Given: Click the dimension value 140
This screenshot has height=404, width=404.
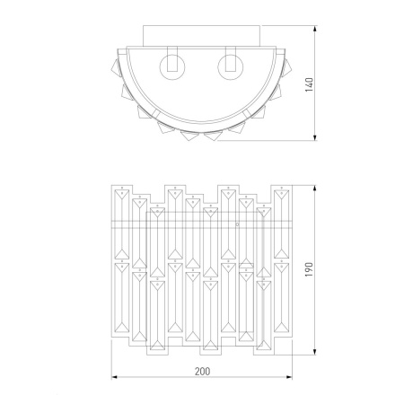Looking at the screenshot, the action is tap(309, 84).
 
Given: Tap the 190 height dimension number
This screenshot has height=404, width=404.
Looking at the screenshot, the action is tap(309, 269).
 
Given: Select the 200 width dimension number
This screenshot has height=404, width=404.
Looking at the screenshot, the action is tap(203, 372).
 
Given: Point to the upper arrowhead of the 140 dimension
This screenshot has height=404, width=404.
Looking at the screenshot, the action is tap(315, 29).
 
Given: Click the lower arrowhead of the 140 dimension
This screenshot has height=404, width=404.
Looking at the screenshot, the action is tap(315, 137).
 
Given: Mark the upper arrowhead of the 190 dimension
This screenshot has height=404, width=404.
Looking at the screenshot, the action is tap(315, 189).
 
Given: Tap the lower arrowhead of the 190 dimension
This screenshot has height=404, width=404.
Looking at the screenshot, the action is tap(315, 352).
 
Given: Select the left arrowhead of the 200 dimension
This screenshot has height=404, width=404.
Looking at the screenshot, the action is tap(115, 377).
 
